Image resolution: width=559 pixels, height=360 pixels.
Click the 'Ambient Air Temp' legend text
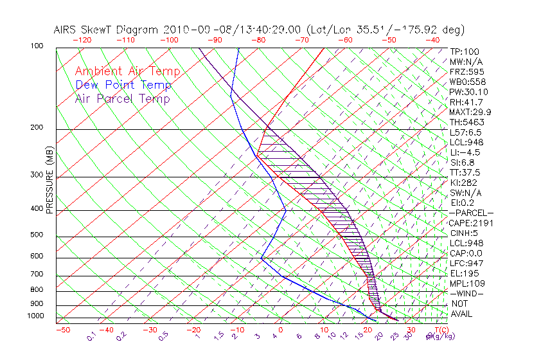[127, 71]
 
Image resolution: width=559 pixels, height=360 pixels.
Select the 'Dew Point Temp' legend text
[123, 85]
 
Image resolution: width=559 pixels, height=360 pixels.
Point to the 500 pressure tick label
[38, 236]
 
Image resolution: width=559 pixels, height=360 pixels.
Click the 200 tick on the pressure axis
[38, 128]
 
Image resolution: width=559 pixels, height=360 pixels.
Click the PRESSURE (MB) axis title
[49, 183]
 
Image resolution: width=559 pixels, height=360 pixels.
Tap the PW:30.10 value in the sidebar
[468, 92]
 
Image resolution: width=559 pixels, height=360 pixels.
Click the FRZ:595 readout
[467, 71]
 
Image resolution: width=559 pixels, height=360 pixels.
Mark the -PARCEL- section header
[471, 213]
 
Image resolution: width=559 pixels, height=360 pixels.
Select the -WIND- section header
[466, 293]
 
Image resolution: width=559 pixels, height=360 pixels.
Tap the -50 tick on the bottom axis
[62, 330]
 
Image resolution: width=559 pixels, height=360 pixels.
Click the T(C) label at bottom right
[441, 330]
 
